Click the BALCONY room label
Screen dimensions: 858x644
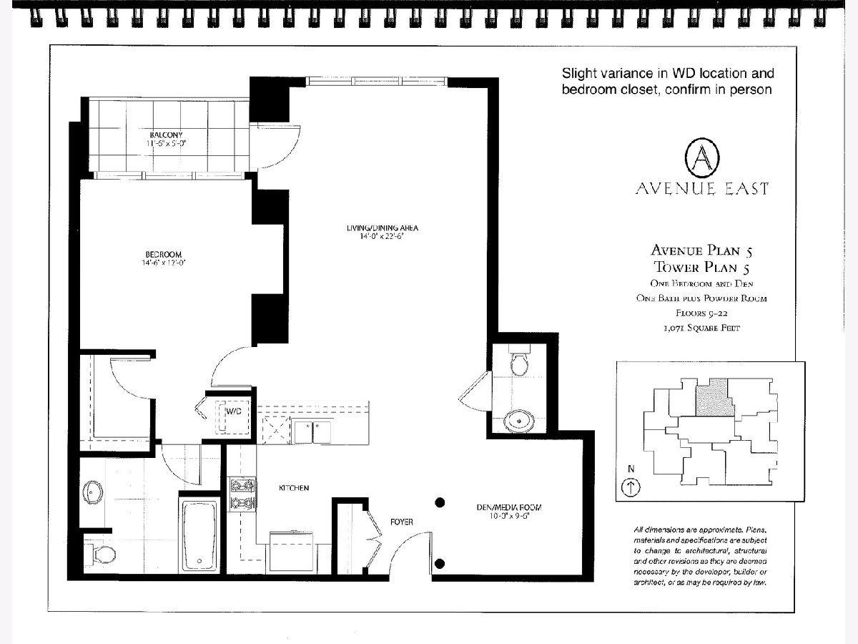[166, 135]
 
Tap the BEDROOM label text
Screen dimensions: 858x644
[164, 254]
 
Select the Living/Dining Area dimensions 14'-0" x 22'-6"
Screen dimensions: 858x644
[382, 236]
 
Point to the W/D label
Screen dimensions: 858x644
[234, 411]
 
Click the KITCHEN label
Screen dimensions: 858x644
[294, 488]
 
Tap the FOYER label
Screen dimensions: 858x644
[401, 522]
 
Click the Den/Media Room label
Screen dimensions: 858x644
[509, 507]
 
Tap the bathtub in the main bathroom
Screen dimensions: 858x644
[199, 535]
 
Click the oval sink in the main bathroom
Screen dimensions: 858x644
[93, 492]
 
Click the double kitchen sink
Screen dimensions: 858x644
[312, 431]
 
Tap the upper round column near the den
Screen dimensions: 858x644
[440, 502]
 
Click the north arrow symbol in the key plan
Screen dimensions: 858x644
[631, 487]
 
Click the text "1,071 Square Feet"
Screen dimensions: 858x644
[701, 328]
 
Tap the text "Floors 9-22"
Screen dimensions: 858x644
[701, 313]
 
